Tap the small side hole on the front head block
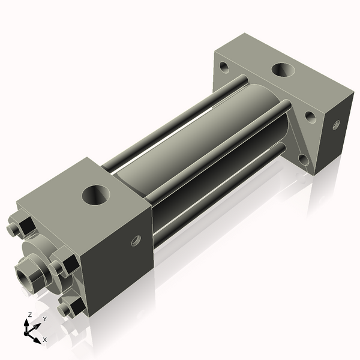[136, 241]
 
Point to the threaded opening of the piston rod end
[28, 277]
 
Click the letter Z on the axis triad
[29, 314]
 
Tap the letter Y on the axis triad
[44, 319]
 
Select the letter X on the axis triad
[45, 340]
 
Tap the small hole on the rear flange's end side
[336, 125]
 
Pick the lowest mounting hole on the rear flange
[302, 159]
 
